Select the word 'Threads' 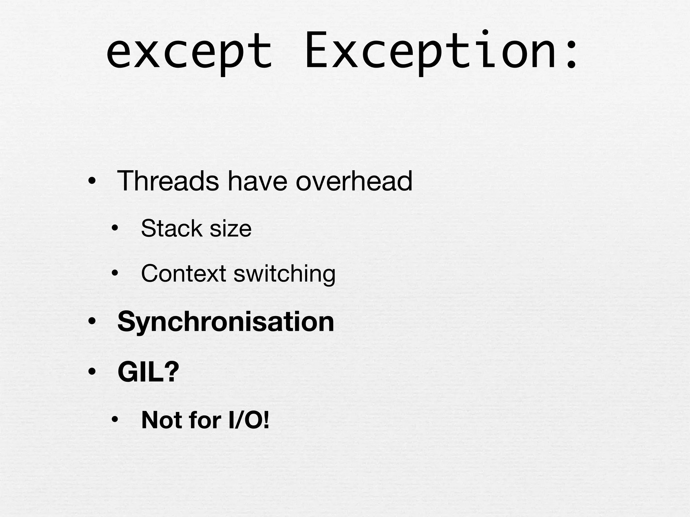coord(168,181)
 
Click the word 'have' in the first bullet coord(257,181)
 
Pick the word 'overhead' coord(354,181)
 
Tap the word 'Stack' coord(171,229)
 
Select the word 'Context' coord(183,273)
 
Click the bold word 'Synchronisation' coord(225,322)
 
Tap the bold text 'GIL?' coord(148,372)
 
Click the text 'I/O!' coord(249,420)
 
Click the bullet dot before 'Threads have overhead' coord(91,182)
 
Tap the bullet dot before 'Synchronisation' coord(91,322)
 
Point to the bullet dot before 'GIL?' coord(91,372)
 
